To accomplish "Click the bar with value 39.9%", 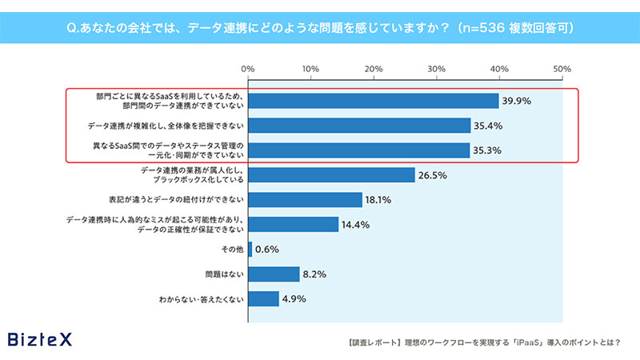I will [x=374, y=101].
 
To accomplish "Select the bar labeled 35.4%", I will [x=359, y=126].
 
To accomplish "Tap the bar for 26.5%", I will [x=331, y=175].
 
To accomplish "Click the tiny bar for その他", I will [x=250, y=250].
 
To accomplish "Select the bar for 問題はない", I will [x=274, y=274].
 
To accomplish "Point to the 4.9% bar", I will [x=264, y=299].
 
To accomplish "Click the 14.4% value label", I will [x=356, y=225].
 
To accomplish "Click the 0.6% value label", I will [x=268, y=250].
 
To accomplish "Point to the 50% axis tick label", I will [x=562, y=69].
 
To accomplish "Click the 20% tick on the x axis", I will [x=374, y=69].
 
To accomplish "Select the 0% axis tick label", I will [x=248, y=69].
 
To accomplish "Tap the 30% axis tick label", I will [x=436, y=69].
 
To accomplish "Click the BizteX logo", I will [x=39, y=339].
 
